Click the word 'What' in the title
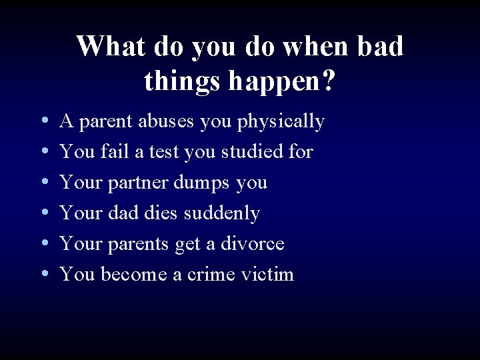pyautogui.click(x=107, y=46)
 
